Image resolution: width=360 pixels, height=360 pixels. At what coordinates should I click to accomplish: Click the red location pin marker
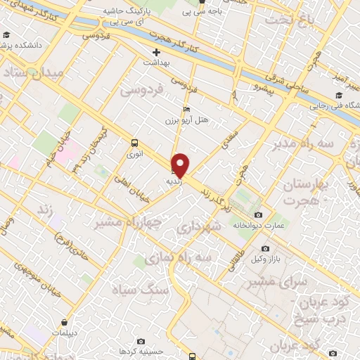click(x=180, y=165)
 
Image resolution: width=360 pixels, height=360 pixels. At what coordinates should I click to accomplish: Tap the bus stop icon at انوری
click(x=134, y=143)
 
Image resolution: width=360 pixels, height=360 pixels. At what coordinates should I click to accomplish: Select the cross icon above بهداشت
click(x=157, y=52)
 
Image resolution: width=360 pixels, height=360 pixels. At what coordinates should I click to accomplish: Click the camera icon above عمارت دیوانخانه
click(x=258, y=214)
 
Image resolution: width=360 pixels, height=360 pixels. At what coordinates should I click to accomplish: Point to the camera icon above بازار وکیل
click(x=265, y=248)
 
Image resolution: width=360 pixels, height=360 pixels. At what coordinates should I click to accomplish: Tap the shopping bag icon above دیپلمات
click(x=65, y=323)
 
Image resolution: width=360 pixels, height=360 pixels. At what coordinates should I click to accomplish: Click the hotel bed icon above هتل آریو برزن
click(x=186, y=110)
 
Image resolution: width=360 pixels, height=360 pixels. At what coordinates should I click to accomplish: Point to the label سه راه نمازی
click(x=179, y=258)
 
